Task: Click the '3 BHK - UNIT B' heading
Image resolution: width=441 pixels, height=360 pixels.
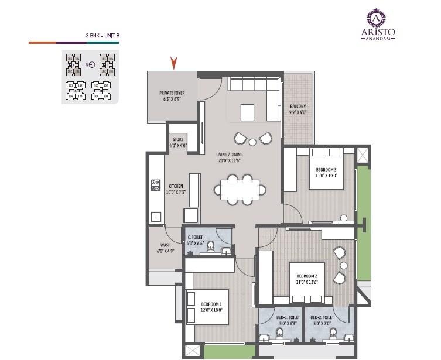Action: pos(102,36)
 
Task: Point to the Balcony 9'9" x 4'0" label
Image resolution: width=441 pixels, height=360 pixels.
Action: pos(298,109)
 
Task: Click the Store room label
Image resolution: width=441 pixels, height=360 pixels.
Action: pos(178,142)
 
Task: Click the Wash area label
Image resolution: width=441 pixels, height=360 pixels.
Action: pos(166,248)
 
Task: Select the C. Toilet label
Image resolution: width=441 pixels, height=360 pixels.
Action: pos(195,240)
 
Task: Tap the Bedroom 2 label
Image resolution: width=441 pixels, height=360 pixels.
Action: pos(307,279)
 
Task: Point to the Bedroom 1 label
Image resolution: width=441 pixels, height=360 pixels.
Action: pos(211,307)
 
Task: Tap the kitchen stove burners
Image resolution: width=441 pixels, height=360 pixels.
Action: pos(156,186)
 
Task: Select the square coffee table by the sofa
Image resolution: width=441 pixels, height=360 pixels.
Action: pos(248,111)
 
